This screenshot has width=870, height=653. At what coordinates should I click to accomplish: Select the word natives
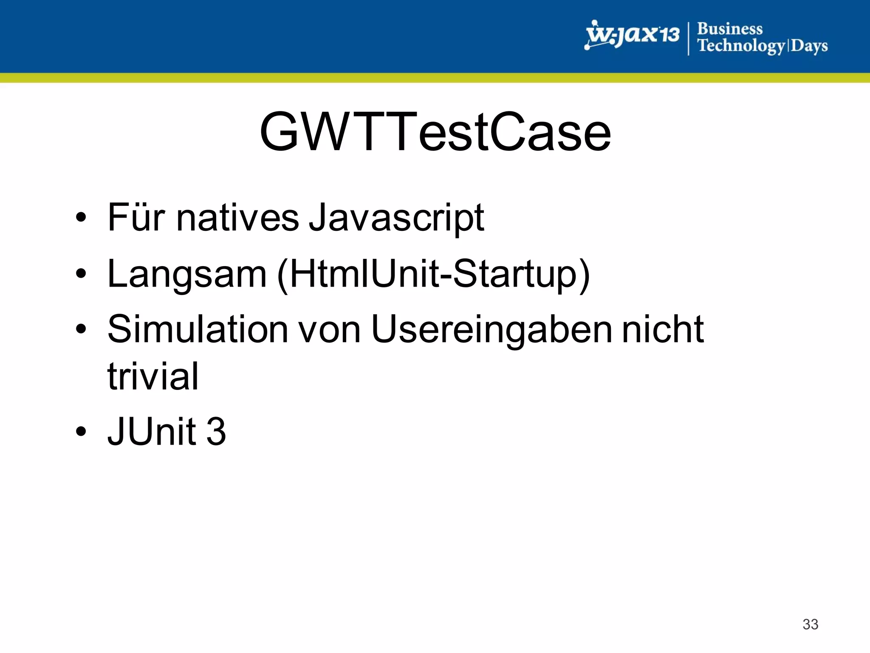237,218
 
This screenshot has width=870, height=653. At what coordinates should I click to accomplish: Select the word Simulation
198,329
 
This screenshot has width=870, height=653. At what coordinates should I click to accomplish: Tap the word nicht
663,329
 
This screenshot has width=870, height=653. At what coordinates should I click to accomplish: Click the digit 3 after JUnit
216,432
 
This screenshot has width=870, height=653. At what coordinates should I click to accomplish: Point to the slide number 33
810,624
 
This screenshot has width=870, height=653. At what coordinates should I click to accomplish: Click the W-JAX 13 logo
632,34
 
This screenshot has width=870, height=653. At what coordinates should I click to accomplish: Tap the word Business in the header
730,28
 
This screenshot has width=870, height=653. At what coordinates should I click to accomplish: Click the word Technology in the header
741,45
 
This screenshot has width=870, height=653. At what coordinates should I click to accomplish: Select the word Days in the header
809,45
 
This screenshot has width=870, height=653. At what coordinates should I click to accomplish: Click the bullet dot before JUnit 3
81,432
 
